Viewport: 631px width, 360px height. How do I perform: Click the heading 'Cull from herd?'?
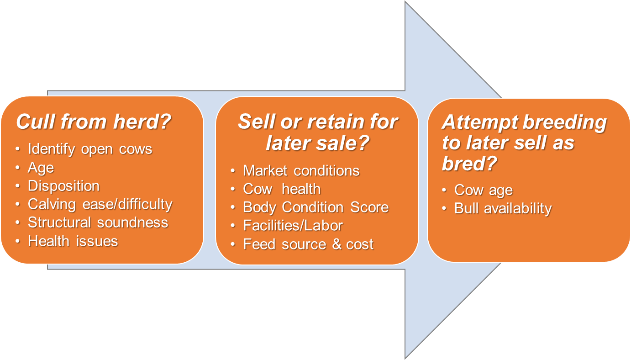94,122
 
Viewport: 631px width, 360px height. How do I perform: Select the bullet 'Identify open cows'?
90,149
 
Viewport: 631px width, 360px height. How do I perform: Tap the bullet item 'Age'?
41,168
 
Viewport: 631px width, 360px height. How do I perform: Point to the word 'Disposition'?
63,186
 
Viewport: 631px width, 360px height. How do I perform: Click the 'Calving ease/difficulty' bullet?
100,204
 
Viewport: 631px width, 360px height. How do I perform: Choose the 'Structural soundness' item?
98,222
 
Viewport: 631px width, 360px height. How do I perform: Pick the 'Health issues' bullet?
73,241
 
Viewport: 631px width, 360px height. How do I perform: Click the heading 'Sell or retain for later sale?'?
317,132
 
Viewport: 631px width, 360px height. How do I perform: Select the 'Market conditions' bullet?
301,170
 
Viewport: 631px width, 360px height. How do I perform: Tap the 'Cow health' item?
282,189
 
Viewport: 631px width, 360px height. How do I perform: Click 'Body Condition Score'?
315,207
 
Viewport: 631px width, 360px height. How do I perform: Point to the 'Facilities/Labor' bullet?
293,225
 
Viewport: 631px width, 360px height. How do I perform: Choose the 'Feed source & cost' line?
308,244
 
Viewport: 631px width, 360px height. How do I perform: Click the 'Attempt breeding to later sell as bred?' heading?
524,143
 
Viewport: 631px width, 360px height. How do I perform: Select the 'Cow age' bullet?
483,190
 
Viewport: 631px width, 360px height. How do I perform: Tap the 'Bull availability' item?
503,208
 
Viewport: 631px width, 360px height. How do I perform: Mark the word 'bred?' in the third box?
469,164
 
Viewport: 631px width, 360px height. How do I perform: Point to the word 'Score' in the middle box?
369,207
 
